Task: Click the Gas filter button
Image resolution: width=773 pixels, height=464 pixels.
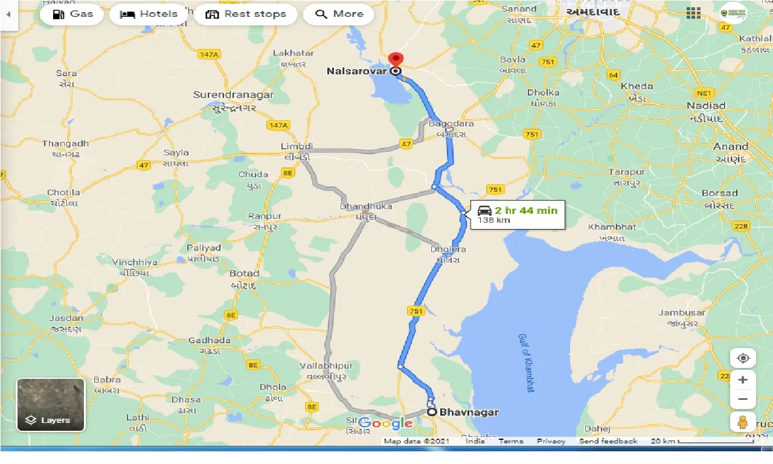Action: click(x=72, y=14)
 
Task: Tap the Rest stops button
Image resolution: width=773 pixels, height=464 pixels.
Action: click(x=245, y=14)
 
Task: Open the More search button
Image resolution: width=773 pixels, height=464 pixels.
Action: click(x=339, y=14)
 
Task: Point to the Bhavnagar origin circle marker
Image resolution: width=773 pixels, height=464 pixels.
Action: click(x=432, y=412)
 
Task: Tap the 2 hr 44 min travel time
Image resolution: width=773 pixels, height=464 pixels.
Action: click(x=525, y=210)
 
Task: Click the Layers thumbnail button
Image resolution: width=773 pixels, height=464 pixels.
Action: click(x=51, y=404)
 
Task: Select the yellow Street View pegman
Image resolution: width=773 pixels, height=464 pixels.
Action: click(x=743, y=422)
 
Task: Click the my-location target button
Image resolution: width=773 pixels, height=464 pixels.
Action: click(x=743, y=358)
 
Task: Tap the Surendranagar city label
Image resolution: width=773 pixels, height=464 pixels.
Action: click(x=233, y=95)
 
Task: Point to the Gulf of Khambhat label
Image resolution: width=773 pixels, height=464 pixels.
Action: click(x=525, y=362)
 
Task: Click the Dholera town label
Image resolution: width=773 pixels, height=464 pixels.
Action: click(x=447, y=249)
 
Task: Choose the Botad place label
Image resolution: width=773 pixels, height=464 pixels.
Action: click(x=244, y=274)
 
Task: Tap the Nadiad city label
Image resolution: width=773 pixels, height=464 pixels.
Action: click(x=706, y=105)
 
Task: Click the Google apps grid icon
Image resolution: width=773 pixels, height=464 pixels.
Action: click(x=693, y=13)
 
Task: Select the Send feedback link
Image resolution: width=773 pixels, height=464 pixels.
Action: click(x=608, y=441)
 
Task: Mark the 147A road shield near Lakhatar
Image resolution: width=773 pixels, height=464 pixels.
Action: click(x=208, y=54)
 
